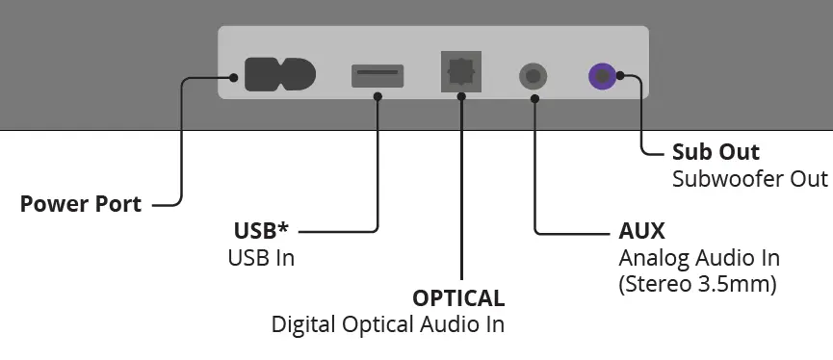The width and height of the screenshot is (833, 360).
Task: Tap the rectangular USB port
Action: pos(377,74)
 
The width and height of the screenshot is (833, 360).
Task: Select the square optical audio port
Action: pos(462,72)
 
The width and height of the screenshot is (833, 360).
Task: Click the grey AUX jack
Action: pos(534,75)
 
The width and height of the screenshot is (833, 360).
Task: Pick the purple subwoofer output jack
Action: pos(603,75)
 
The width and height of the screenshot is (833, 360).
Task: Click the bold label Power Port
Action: pos(81,204)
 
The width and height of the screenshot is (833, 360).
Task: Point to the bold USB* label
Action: pos(261,231)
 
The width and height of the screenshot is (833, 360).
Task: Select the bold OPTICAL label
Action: pos(458,297)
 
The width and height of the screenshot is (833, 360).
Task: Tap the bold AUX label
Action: pos(641,232)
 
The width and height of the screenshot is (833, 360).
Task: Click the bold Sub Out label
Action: pos(716,152)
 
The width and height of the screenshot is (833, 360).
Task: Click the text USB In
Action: pos(261,258)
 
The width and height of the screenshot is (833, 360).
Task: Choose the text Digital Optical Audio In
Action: pos(388,323)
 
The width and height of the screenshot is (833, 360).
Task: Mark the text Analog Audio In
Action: pos(698,258)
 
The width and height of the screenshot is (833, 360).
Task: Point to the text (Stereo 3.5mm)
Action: pos(697,285)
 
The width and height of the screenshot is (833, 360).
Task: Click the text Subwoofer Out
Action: pos(750,179)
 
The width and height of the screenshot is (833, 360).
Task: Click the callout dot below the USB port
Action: pos(377,96)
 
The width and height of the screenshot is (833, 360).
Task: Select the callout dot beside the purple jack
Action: pos(620,75)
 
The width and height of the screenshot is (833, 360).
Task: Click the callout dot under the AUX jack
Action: pos(534,96)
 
